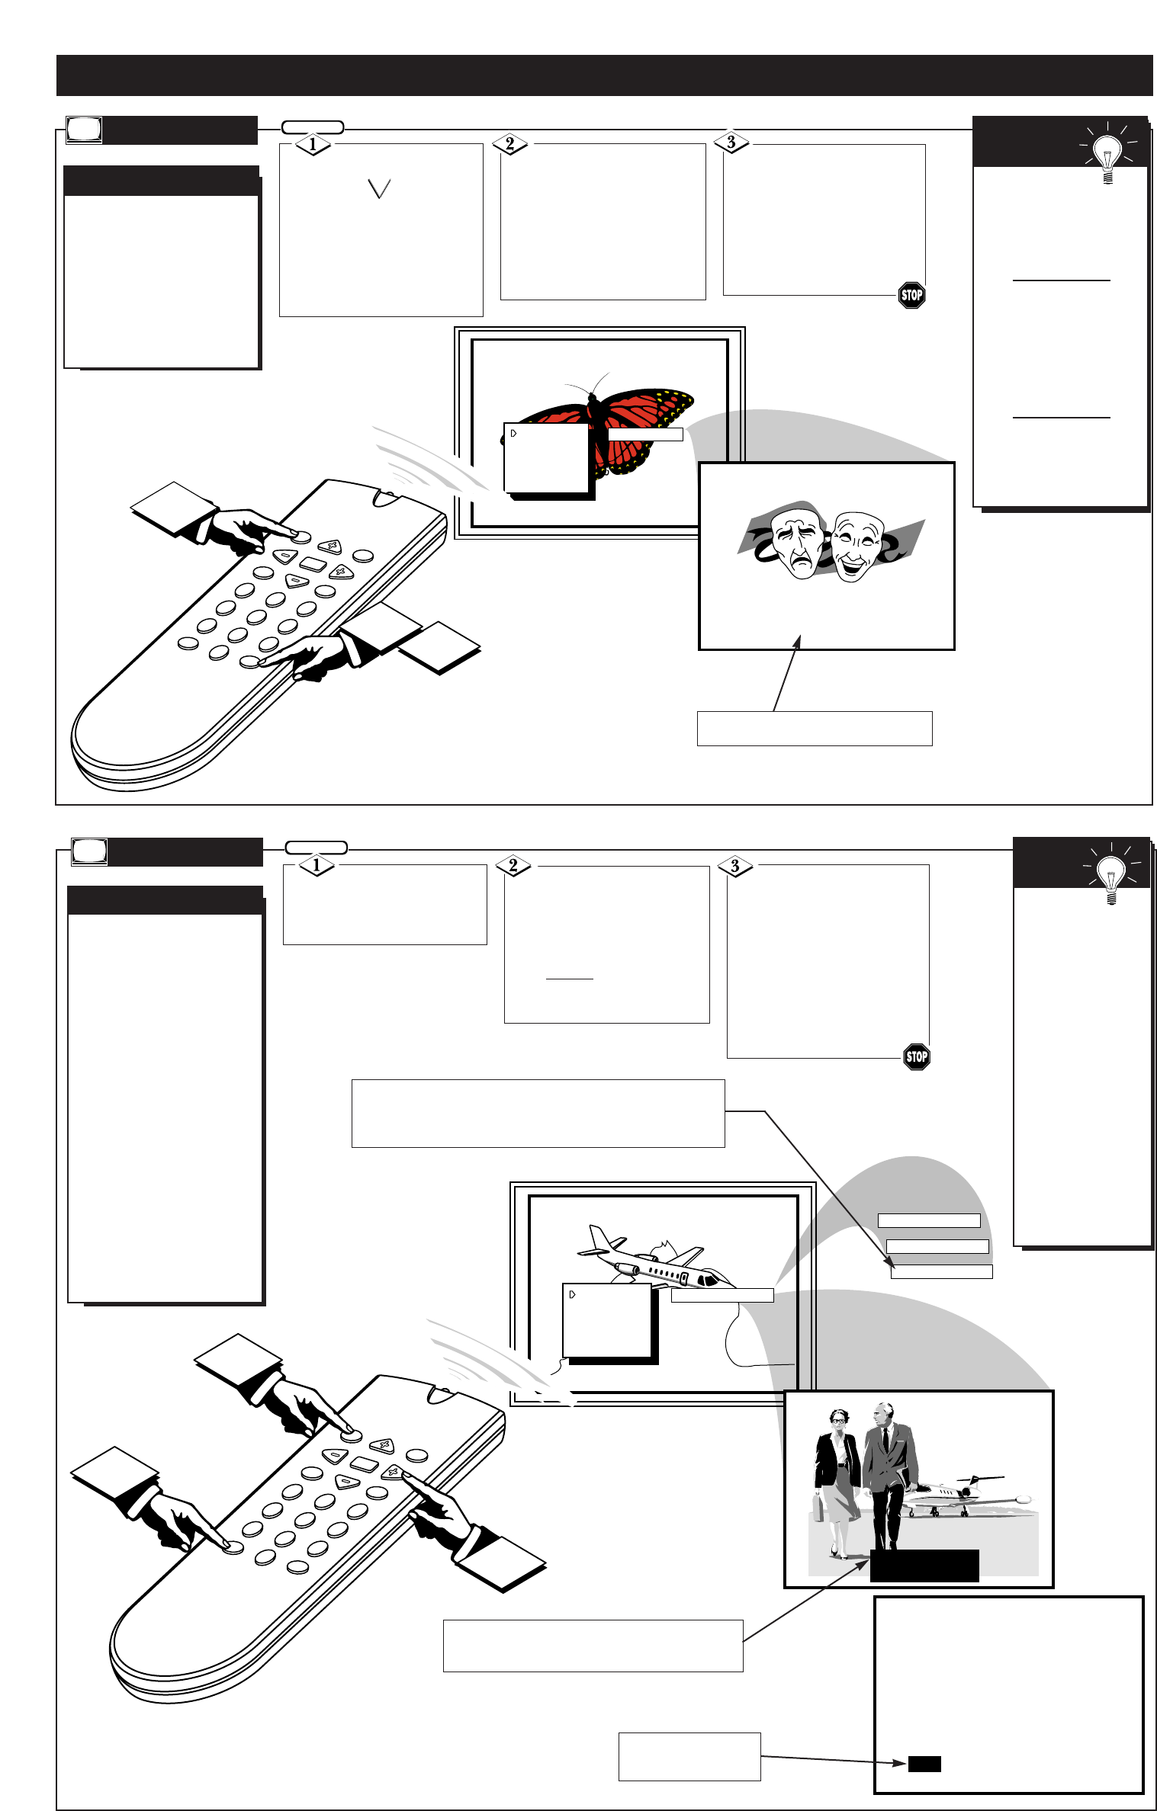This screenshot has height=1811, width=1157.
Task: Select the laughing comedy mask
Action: click(856, 546)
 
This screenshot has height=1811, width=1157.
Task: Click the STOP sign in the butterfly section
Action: click(911, 295)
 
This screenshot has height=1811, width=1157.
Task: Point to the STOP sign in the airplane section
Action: click(916, 1056)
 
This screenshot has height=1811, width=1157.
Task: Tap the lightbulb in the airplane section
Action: click(1110, 877)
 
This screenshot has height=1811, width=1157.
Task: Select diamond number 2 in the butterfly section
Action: click(509, 143)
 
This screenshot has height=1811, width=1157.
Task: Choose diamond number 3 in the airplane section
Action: click(735, 866)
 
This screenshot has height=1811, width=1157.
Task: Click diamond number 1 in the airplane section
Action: click(316, 866)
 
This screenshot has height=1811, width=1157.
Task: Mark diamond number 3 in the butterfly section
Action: click(731, 143)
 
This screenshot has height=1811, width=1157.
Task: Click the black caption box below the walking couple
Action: click(924, 1566)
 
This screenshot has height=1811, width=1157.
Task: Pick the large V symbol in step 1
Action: click(379, 188)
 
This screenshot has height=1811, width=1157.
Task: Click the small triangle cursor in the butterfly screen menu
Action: click(514, 433)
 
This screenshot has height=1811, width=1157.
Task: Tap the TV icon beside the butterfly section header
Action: click(84, 130)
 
